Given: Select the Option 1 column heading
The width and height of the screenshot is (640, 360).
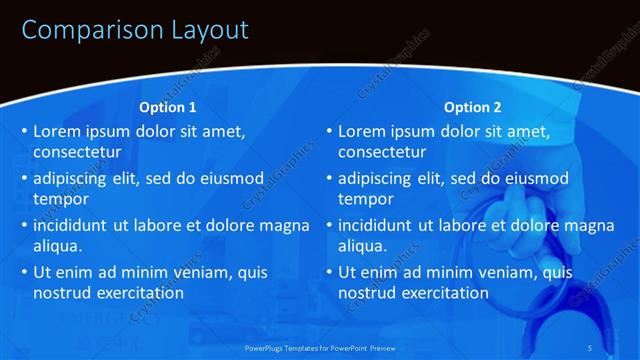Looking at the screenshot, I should click(167, 107).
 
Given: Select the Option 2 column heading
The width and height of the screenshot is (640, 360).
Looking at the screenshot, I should click(472, 107).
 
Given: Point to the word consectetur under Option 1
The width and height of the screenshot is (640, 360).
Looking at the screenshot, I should click(78, 153).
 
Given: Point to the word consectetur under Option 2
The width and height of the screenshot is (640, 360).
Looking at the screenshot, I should click(383, 153).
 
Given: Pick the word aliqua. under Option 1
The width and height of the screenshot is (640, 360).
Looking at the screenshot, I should click(58, 246).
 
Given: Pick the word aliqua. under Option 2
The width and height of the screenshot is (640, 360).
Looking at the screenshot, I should click(363, 246).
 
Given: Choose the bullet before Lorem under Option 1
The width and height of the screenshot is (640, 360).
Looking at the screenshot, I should click(23, 132).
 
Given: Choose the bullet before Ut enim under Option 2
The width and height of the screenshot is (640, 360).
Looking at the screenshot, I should click(328, 272).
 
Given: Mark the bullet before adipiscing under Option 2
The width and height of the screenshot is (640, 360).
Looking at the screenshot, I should click(328, 179).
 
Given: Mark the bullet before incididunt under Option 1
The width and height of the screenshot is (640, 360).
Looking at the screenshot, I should click(23, 226).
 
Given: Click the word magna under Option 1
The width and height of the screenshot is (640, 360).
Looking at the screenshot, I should click(285, 225).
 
